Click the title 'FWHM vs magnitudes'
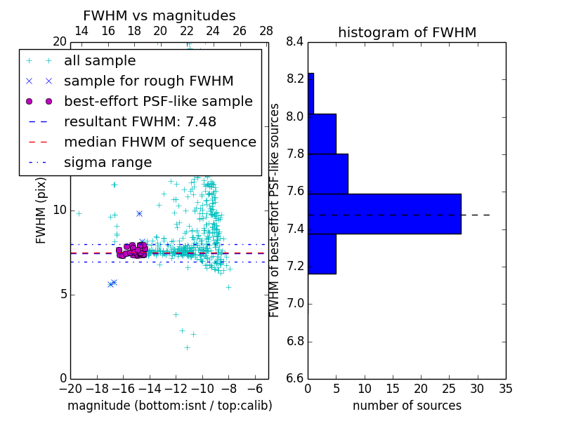159,15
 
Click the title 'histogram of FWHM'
407,32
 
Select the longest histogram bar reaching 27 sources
384,213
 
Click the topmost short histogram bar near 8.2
311,93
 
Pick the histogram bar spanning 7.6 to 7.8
327,173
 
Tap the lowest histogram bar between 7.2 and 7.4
322,253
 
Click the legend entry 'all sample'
100,61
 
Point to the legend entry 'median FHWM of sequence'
159,142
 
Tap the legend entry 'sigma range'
107,162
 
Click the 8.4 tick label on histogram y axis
295,42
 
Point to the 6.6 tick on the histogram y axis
295,379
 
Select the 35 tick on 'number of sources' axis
506,388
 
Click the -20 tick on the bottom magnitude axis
70,388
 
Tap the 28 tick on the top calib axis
266,31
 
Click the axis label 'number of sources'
407,406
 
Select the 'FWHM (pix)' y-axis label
41,210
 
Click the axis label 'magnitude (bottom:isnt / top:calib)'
169,406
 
